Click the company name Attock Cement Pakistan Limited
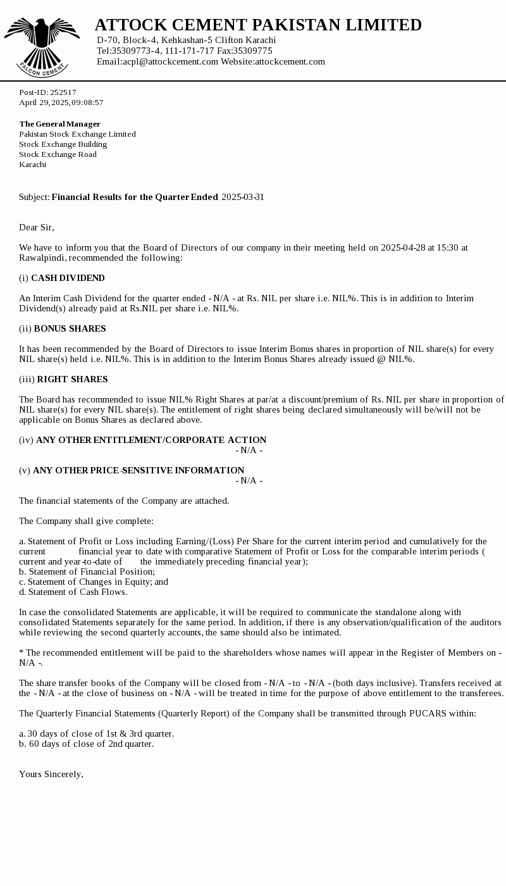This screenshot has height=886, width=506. (x=258, y=25)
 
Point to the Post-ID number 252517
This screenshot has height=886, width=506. (x=63, y=92)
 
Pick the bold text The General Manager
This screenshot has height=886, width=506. (x=59, y=124)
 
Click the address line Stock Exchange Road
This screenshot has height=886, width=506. (x=58, y=154)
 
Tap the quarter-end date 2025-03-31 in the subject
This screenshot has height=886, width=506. (x=243, y=197)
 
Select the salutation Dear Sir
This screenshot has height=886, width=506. (x=37, y=228)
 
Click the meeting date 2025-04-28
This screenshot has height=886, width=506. (x=403, y=248)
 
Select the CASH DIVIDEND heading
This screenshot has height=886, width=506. (x=68, y=278)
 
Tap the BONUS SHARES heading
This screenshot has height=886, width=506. (x=70, y=329)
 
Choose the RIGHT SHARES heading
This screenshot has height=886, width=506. (x=72, y=380)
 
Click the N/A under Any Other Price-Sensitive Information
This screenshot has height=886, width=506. (x=249, y=481)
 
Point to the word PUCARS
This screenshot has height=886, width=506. (x=427, y=714)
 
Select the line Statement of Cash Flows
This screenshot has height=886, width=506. (x=77, y=592)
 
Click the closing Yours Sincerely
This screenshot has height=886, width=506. (x=51, y=775)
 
